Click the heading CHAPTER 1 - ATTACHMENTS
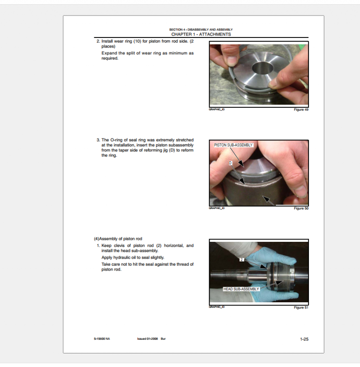click(201, 34)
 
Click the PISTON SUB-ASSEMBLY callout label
click(233, 145)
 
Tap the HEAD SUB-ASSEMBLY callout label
click(241, 289)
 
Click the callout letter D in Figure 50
click(231, 163)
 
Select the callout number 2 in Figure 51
click(242, 260)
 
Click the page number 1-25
click(304, 339)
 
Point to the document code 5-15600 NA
click(102, 339)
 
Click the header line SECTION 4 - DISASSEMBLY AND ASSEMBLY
click(201, 30)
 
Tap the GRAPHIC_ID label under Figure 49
click(217, 110)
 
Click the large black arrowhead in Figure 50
click(268, 200)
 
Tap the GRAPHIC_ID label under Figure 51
click(217, 307)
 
